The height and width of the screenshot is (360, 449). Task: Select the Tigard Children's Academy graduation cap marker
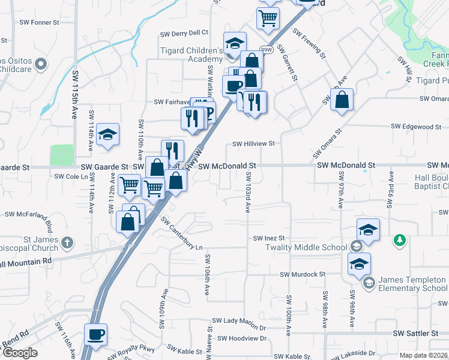235,43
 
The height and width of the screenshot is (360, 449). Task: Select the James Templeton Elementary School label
412,284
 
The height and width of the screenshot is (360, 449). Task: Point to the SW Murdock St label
302,274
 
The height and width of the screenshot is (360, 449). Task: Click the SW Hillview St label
253,144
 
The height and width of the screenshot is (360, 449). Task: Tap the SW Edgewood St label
416,127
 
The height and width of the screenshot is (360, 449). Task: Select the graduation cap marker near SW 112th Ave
107,135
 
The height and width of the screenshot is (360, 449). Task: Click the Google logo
19,353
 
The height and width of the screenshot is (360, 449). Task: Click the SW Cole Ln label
71,176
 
